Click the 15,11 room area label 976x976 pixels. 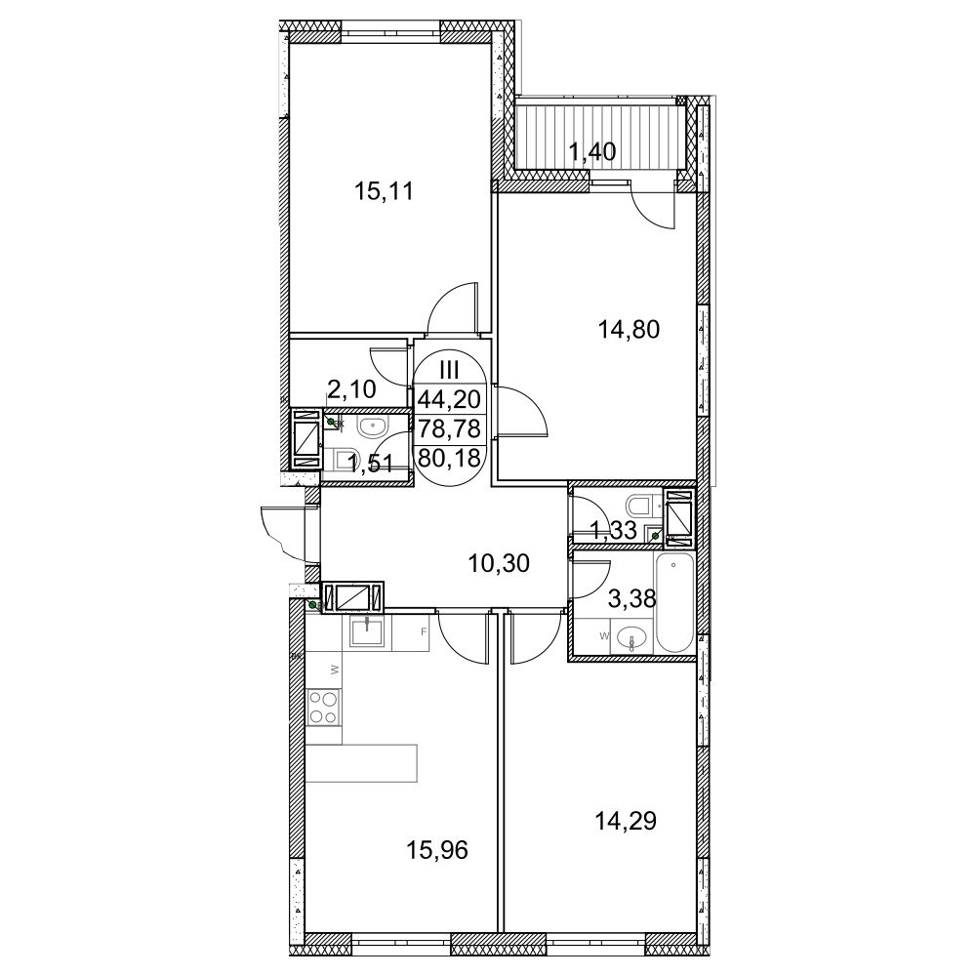point(384,191)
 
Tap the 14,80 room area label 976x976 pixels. point(629,329)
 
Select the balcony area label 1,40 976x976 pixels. point(593,151)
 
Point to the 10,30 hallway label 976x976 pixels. point(499,563)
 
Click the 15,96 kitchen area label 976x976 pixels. point(437,850)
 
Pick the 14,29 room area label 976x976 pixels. point(627,822)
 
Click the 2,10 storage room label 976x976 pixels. point(351,389)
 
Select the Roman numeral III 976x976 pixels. point(449,370)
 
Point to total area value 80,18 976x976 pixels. point(450,458)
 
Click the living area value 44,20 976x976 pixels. point(450,399)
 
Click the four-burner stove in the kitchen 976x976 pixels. point(324,707)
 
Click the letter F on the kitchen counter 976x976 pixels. point(424,631)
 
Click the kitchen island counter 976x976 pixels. point(361,763)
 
